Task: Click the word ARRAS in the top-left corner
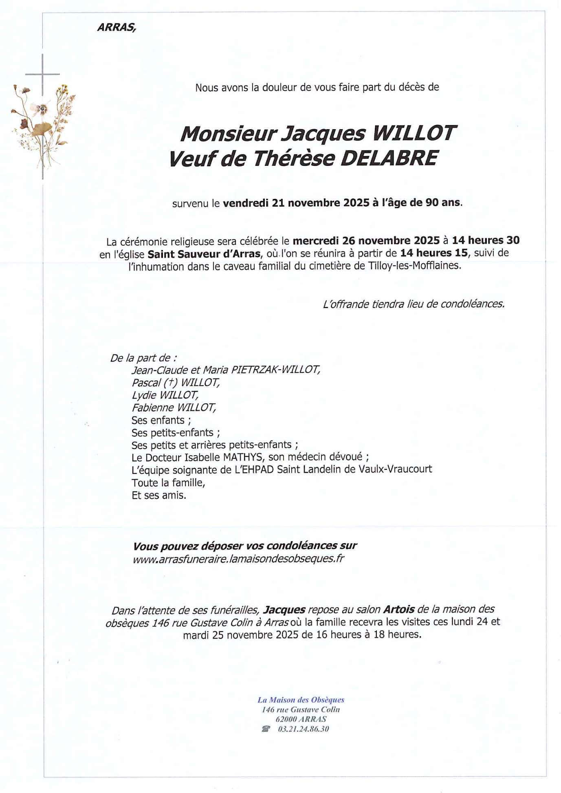coord(116,27)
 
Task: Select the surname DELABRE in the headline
coord(389,158)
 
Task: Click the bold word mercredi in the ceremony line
coord(316,240)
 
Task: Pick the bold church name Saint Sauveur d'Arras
coord(204,254)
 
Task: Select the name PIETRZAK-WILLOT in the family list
coord(275,370)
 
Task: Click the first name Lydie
coord(144,395)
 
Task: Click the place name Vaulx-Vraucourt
coord(395,469)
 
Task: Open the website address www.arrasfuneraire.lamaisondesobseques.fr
coord(238,559)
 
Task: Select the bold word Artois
coord(399,610)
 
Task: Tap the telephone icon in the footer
coord(266,729)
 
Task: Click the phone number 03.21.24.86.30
coord(304,729)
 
